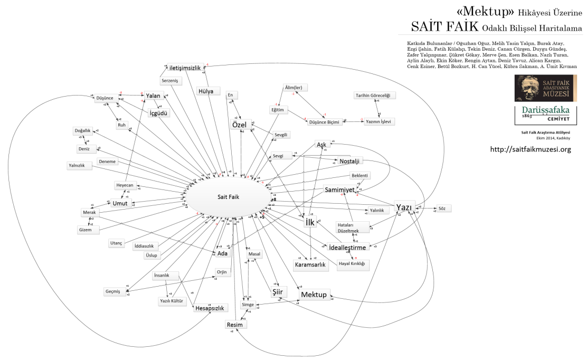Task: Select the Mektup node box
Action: click(314, 294)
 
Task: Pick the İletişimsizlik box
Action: click(185, 68)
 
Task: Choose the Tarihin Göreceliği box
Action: click(375, 95)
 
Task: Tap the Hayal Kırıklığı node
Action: click(352, 263)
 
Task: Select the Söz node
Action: click(442, 209)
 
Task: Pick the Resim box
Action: click(234, 324)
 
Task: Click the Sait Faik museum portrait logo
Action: click(545, 89)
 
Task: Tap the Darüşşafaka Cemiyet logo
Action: click(545, 116)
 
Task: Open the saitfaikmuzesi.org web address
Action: click(531, 149)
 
